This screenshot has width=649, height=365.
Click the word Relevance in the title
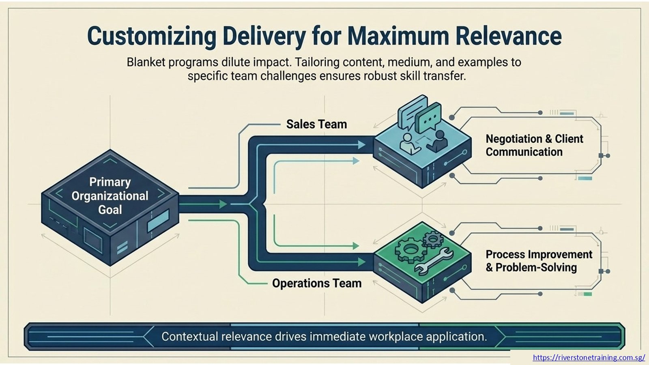[x=509, y=36]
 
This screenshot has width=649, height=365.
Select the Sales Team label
[x=316, y=124]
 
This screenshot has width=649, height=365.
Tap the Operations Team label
[x=317, y=283]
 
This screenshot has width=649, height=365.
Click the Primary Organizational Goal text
[x=110, y=195]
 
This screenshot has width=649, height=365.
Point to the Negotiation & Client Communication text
[x=534, y=145]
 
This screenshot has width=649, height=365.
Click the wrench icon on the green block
[x=434, y=262]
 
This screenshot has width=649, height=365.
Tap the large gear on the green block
[x=410, y=249]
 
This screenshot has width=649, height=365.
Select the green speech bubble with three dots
[x=428, y=118]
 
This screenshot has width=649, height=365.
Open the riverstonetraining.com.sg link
[x=589, y=357]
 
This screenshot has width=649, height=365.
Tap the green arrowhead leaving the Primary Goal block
[x=223, y=204]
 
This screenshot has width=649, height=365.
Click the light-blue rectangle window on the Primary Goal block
[x=158, y=220]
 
